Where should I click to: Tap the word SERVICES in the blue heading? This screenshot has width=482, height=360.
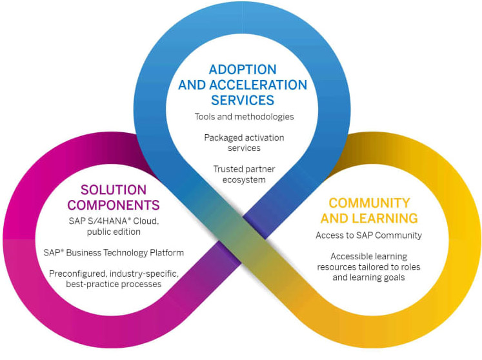click(243, 100)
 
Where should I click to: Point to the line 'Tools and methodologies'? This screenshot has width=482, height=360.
click(244, 117)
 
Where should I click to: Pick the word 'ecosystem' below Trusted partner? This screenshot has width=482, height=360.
click(244, 179)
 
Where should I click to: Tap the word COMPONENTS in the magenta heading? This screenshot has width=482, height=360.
click(114, 205)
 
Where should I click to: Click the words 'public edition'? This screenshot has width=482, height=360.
click(114, 232)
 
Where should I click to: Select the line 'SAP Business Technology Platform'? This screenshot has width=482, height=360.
click(114, 252)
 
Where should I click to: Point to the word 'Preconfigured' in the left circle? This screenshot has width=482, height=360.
click(78, 274)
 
